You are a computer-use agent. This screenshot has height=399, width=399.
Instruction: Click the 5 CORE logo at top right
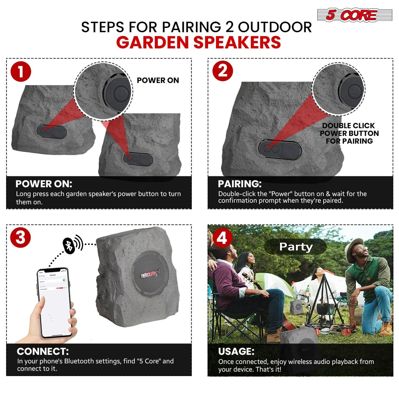(x=355, y=15)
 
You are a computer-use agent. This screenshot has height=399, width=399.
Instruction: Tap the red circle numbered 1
(x=21, y=72)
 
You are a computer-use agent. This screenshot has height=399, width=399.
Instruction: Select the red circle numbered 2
(x=223, y=71)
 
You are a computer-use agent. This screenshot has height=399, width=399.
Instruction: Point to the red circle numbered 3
(x=20, y=237)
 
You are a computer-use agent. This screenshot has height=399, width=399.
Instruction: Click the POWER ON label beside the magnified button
(x=158, y=80)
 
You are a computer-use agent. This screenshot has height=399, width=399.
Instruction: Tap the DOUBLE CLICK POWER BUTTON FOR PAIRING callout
(x=349, y=133)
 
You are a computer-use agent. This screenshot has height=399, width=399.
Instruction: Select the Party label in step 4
(x=295, y=247)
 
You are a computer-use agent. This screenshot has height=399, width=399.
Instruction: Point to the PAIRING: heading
(x=239, y=184)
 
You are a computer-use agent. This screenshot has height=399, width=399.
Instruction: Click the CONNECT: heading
(x=43, y=351)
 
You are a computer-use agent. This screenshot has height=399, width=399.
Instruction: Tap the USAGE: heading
(x=236, y=351)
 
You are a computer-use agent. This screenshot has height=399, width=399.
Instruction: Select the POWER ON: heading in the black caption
(x=44, y=184)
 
